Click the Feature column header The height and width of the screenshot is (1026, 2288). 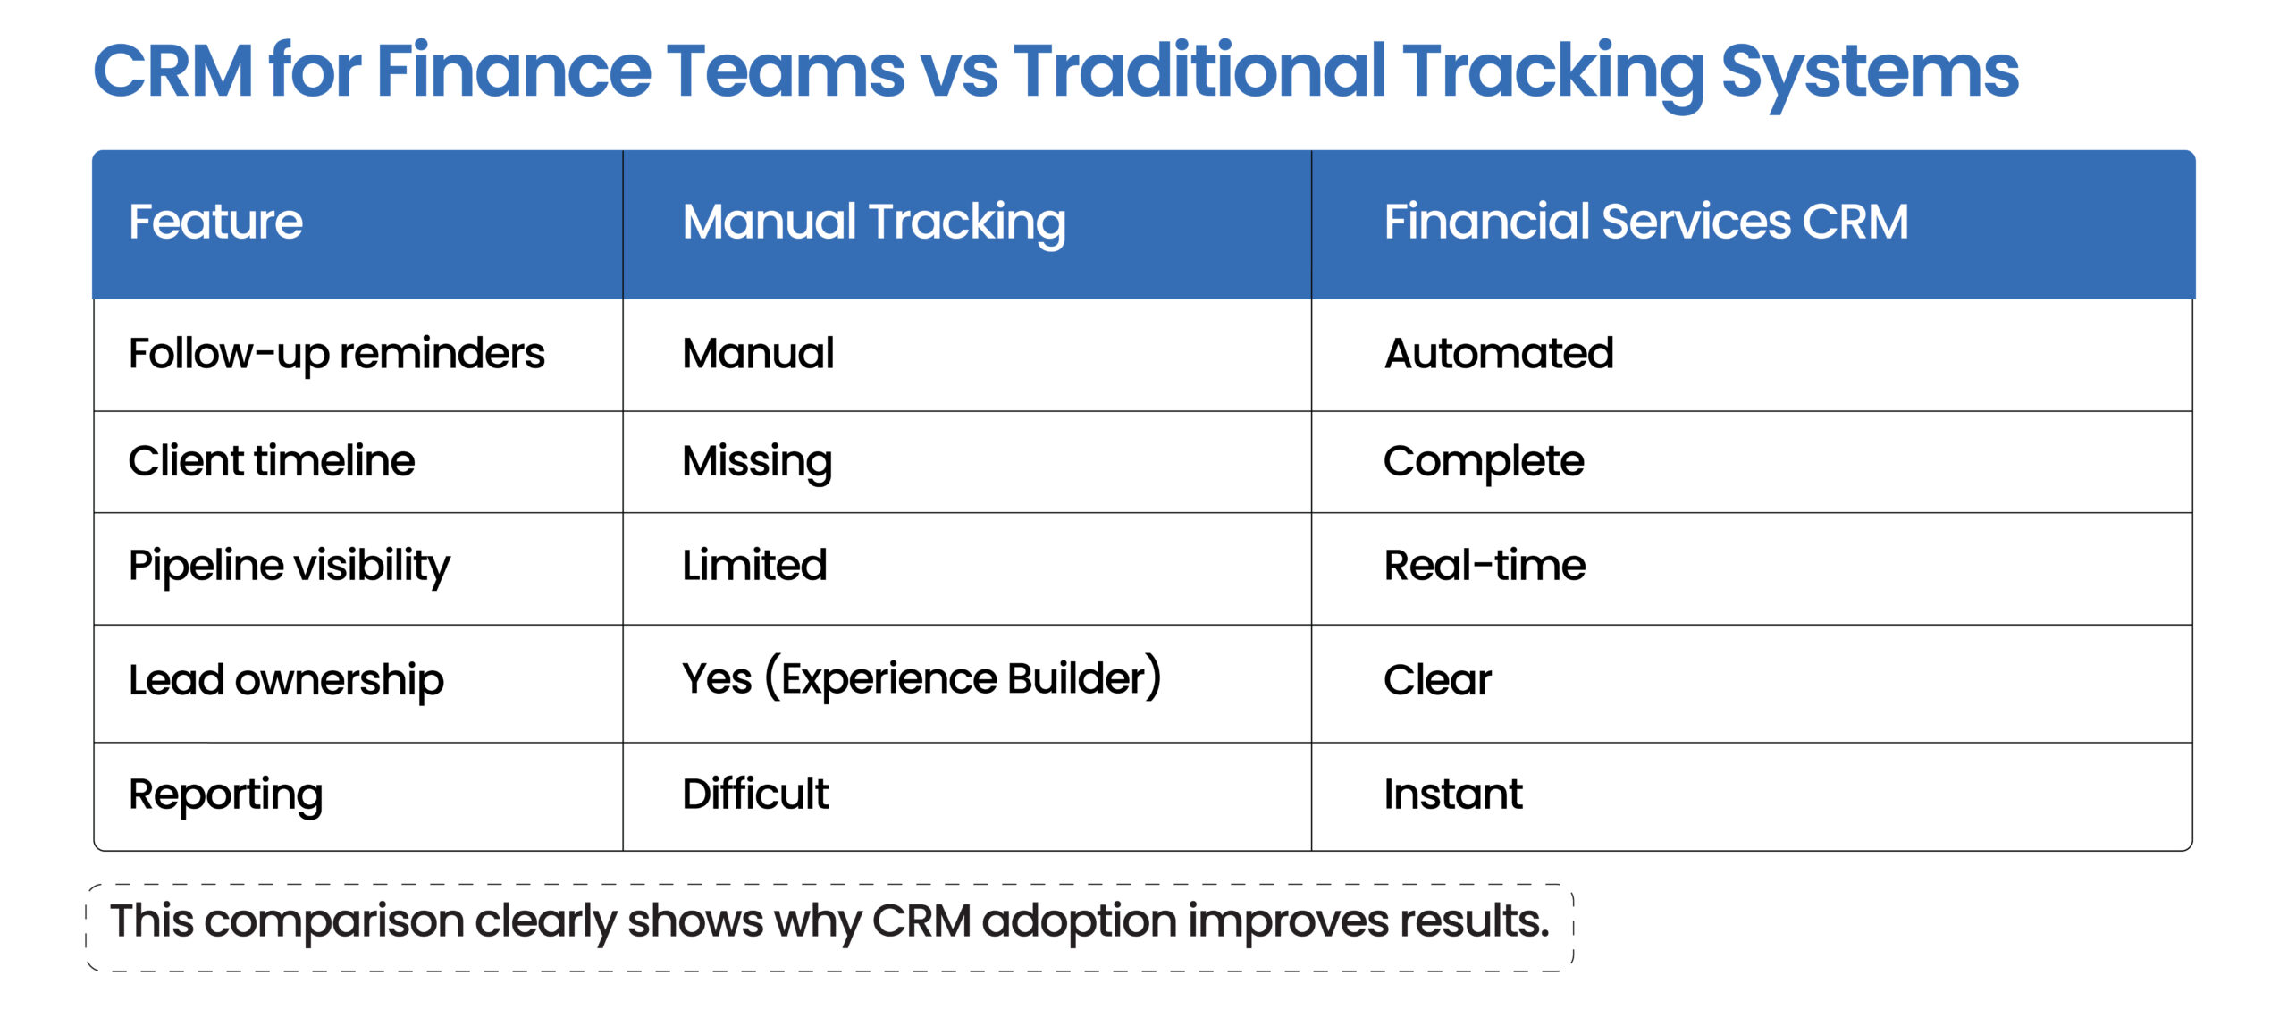(215, 222)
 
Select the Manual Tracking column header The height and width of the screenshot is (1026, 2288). (873, 222)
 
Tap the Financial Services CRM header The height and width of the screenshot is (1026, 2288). (1645, 222)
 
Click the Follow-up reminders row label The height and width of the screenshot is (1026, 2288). (336, 354)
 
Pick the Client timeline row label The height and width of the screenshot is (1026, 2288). (271, 461)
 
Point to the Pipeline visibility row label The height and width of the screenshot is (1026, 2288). (289, 566)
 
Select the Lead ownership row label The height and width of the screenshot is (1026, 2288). (285, 680)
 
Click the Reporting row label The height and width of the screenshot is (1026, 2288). (225, 795)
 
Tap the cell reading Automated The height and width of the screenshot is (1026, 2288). (1498, 353)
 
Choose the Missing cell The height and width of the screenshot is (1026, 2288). (756, 461)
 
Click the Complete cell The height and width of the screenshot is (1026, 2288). (1483, 461)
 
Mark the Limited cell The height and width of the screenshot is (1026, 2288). (753, 566)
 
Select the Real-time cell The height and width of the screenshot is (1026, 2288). (1484, 566)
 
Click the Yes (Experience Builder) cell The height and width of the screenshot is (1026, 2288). (921, 678)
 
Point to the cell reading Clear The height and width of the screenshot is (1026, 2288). (1436, 680)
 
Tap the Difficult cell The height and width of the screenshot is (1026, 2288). (754, 794)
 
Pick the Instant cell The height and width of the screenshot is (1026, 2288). (1452, 794)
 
